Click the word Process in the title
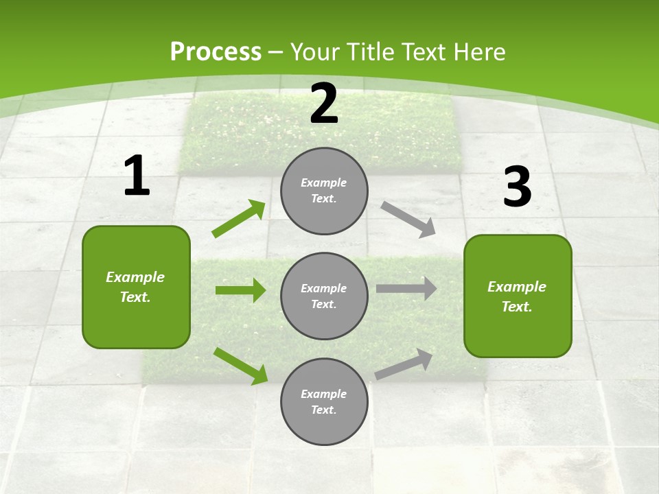tap(216, 52)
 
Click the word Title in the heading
tap(370, 52)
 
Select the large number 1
tap(137, 176)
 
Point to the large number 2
tap(324, 104)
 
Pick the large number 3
tap(517, 187)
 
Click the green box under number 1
tap(136, 287)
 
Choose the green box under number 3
tap(518, 296)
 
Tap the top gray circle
tap(324, 191)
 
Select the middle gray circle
tap(324, 296)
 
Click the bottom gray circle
tap(324, 402)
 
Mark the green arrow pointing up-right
tap(239, 219)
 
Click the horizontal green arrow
tap(240, 290)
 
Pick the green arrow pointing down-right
tap(241, 365)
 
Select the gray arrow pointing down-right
tap(408, 220)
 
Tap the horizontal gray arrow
tap(406, 289)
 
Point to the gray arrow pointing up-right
tap(404, 364)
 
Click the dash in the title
tap(276, 52)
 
